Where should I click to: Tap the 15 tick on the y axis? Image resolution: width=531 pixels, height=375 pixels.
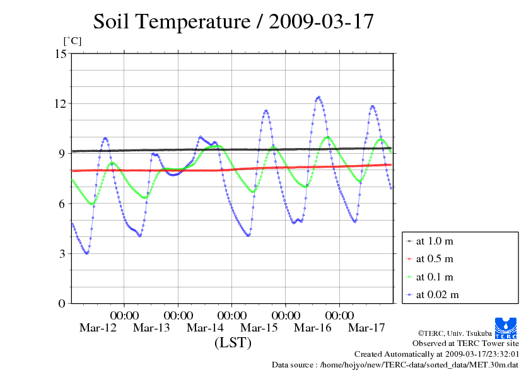coord(61,54)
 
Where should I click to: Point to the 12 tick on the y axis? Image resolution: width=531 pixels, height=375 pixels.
coord(61,103)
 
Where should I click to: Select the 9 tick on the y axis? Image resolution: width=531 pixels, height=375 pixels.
coord(62,153)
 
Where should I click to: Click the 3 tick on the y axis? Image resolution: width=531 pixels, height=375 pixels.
coord(62,253)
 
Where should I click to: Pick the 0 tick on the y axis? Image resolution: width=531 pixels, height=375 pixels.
coord(62,303)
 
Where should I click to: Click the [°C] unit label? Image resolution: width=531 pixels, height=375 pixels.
coord(72,41)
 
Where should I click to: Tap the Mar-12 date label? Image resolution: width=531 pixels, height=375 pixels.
coord(98,328)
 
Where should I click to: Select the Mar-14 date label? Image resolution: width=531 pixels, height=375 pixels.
coord(205,328)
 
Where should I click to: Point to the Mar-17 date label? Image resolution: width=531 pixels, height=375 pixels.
coord(366,328)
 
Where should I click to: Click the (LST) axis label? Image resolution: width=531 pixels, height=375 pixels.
coord(233,343)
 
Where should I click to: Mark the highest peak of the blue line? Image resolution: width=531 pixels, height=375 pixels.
coord(318,97)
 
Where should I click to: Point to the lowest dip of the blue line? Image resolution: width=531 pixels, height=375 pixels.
coord(86,253)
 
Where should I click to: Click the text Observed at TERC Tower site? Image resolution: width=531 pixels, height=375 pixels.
coord(465,343)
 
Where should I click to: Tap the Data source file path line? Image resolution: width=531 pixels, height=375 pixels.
coord(395,364)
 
